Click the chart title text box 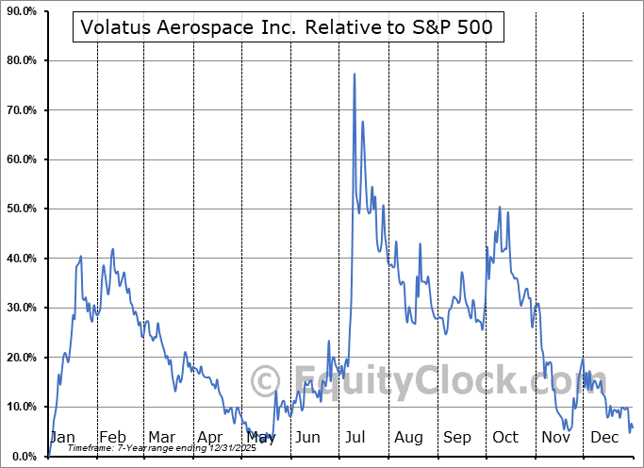[x=286, y=27]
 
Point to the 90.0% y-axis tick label [x=22, y=11]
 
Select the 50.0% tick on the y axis [x=22, y=209]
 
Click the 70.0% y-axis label [x=22, y=110]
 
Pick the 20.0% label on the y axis [x=22, y=358]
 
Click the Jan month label [x=62, y=437]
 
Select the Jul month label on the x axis [x=356, y=437]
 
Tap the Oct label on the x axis [x=505, y=437]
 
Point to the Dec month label [x=603, y=437]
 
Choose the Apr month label [x=210, y=437]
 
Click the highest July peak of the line [x=354, y=74]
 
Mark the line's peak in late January [x=81, y=256]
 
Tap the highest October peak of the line [x=500, y=207]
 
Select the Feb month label [x=112, y=437]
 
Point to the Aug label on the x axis [x=408, y=437]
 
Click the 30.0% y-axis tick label [x=22, y=308]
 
